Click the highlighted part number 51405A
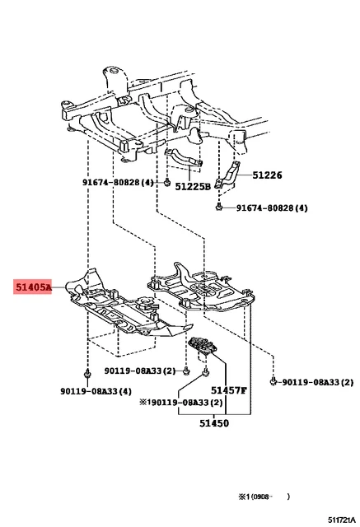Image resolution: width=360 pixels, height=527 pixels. tap(33, 287)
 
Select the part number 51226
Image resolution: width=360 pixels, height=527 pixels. tap(267, 175)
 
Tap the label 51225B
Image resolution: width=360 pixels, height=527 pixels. tap(193, 186)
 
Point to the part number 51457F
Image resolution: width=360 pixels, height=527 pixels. tap(229, 390)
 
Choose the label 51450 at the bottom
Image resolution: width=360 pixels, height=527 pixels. tap(214, 423)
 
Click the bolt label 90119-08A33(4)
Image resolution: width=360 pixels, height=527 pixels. tap(96, 391)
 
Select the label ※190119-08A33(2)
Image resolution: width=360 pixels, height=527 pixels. tap(181, 403)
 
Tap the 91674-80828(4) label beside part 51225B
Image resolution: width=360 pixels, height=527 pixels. tap(118, 182)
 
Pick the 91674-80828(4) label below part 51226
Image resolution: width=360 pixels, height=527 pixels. tap(272, 208)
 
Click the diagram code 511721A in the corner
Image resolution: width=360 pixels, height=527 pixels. tap(342, 520)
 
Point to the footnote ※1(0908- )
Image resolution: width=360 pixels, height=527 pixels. tap(264, 497)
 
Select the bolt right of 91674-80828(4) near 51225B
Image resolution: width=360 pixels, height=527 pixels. tap(167, 183)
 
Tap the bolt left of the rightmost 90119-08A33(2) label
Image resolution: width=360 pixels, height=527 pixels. tap(274, 381)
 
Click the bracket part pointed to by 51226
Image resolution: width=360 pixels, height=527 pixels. tap(228, 175)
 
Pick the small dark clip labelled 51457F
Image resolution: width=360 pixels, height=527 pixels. tap(203, 346)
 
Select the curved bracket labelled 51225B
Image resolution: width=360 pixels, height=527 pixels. tap(184, 157)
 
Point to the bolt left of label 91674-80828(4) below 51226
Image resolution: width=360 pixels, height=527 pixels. tap(218, 208)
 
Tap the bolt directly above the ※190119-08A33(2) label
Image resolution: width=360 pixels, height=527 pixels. tap(205, 372)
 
